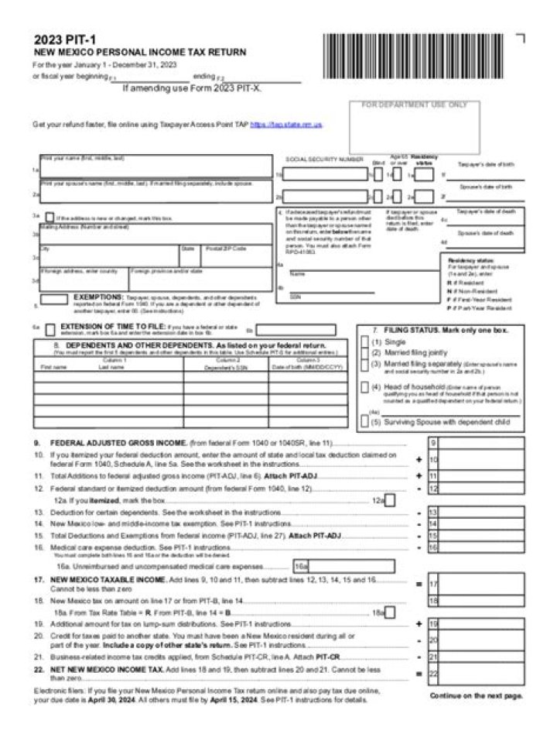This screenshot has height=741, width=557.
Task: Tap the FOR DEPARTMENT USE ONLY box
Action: point(415,126)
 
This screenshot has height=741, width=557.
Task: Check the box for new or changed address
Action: point(50,218)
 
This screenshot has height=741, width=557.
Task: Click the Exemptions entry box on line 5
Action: point(53,300)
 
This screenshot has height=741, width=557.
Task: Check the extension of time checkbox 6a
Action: point(50,329)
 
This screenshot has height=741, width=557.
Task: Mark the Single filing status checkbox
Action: point(365,341)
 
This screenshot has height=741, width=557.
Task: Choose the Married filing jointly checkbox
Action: point(365,352)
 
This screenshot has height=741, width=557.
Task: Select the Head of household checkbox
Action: point(365,386)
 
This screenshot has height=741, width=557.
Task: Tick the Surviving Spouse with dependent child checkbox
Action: point(365,422)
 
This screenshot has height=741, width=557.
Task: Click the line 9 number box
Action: point(433,442)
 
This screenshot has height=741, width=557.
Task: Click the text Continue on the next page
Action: point(476,696)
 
